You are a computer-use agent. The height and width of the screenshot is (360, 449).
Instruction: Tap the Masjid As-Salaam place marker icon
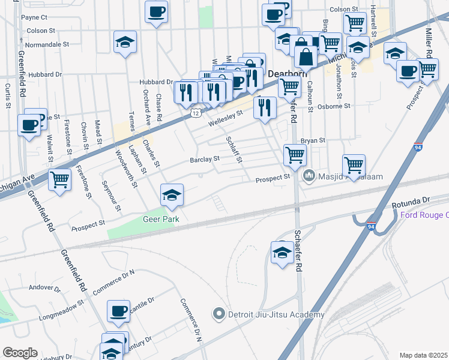click(310, 175)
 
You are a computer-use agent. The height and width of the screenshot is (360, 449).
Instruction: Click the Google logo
click(20, 353)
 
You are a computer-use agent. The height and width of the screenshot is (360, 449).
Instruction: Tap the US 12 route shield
click(196, 113)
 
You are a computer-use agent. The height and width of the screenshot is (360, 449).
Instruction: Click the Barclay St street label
click(205, 159)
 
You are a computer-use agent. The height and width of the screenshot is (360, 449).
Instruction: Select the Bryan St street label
click(313, 140)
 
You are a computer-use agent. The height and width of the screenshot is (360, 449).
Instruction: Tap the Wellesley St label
click(226, 118)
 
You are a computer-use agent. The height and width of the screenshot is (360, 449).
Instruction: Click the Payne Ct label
click(34, 17)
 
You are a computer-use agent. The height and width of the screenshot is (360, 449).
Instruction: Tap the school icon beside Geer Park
click(172, 195)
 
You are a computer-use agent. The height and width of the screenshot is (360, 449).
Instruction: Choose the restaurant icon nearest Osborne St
click(265, 107)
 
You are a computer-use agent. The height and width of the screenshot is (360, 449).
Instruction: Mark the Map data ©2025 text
click(423, 355)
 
